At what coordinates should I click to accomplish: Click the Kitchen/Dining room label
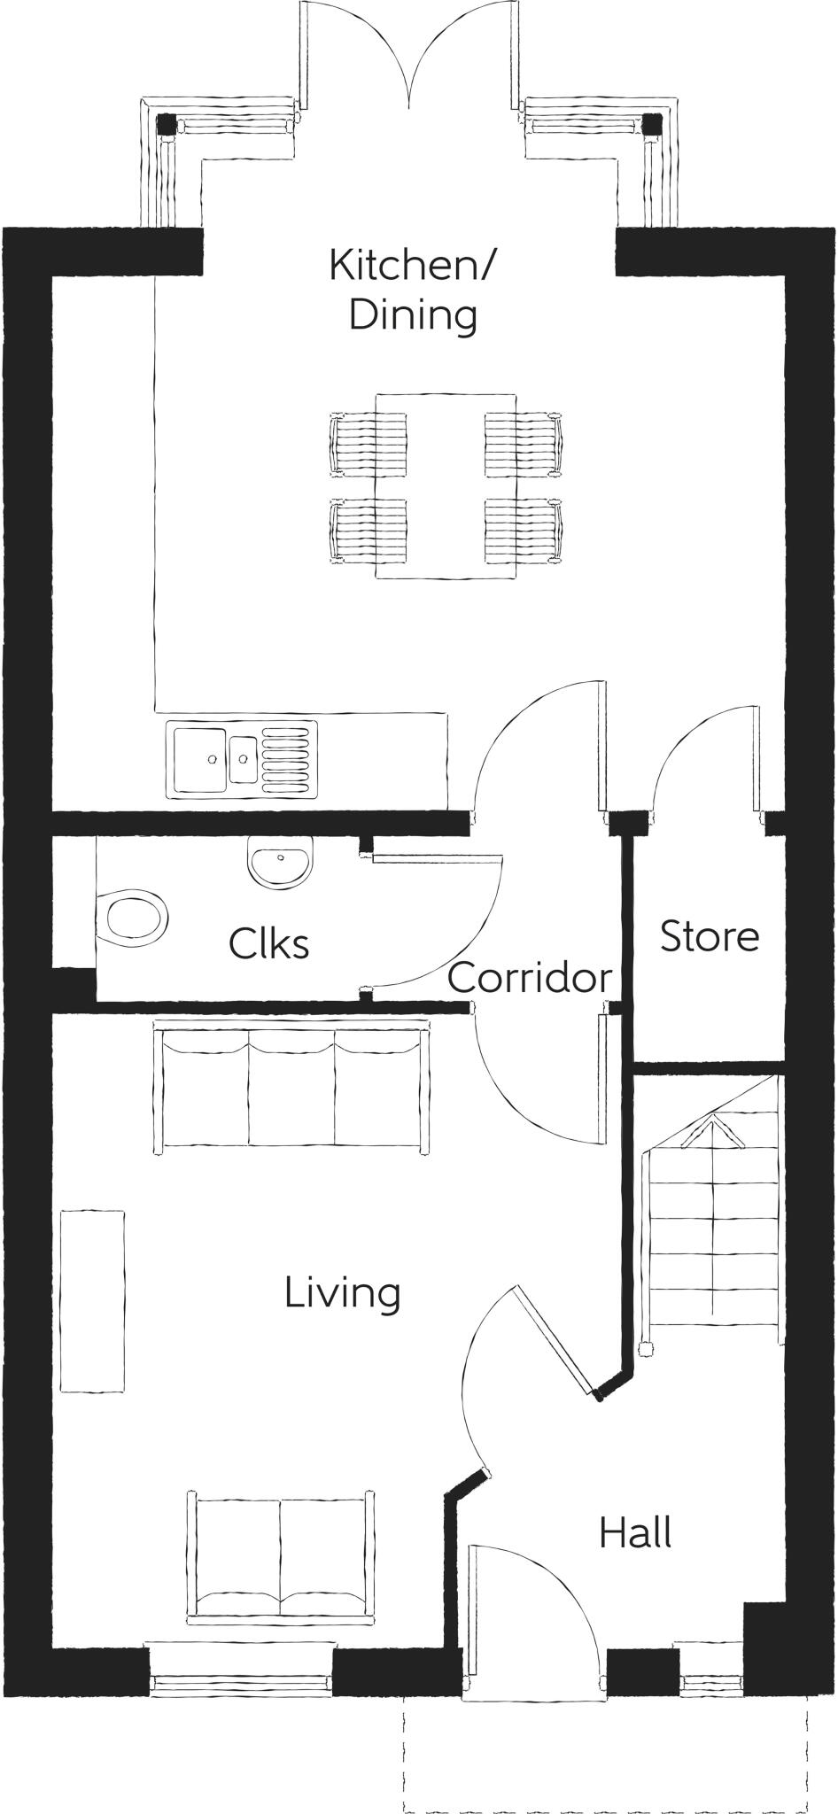[414, 290]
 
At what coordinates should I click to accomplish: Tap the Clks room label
[268, 943]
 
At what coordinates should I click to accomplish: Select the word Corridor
[530, 978]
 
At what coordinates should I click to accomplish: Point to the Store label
[709, 936]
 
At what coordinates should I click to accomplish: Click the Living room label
[342, 1293]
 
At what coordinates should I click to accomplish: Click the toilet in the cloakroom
[135, 918]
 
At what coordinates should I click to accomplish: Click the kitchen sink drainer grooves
[288, 758]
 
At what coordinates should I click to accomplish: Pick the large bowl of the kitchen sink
[200, 758]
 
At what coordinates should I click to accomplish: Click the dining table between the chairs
[446, 486]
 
